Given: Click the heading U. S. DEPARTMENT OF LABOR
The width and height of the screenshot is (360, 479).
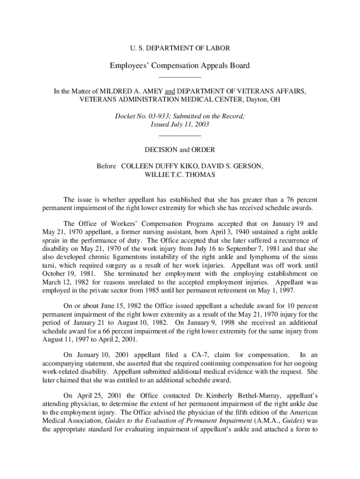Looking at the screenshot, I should (180, 48).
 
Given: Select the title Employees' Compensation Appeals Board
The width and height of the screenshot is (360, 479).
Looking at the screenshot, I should (180, 65).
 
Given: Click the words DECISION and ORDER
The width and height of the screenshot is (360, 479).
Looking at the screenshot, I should (180, 150).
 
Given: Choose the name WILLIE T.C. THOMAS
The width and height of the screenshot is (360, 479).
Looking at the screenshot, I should (180, 175).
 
